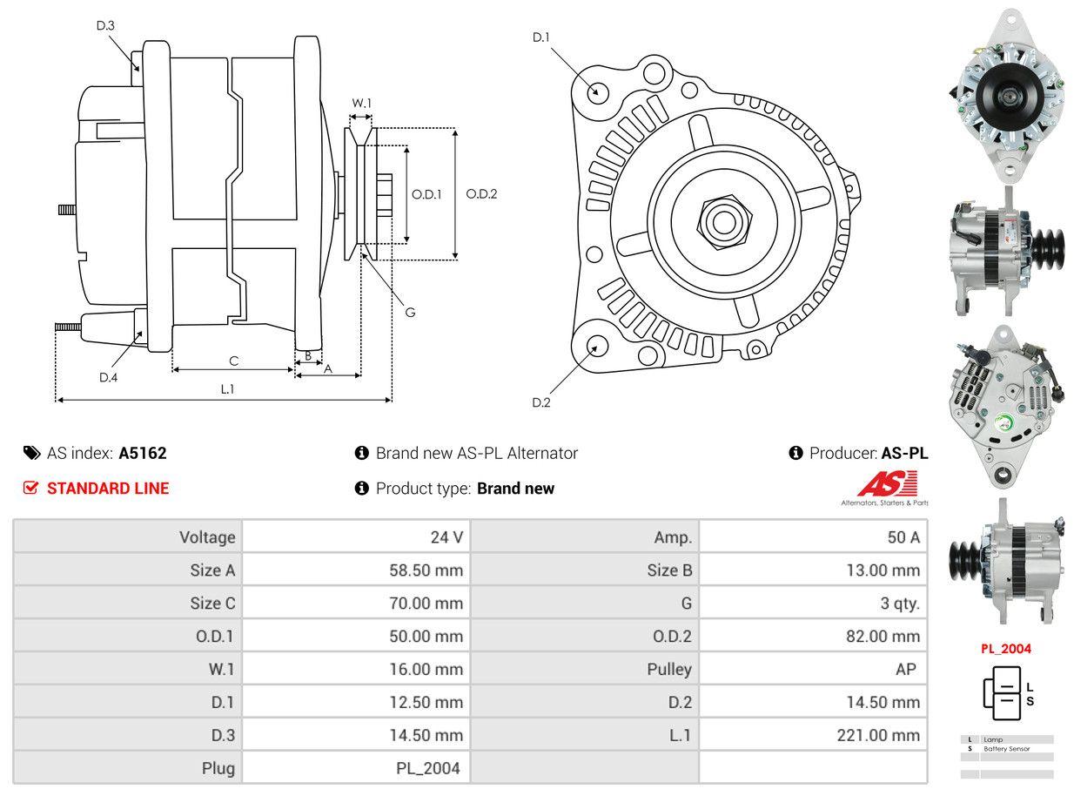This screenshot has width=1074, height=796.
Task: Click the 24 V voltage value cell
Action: [446, 537]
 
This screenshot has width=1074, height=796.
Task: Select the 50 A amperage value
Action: [903, 537]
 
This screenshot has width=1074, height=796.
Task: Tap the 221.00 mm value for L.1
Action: [877, 735]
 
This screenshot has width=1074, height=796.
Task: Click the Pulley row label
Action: [669, 669]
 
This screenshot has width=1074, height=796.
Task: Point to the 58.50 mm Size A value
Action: [426, 570]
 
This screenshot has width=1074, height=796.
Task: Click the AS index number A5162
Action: [143, 453]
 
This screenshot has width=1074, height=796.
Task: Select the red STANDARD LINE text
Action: [108, 489]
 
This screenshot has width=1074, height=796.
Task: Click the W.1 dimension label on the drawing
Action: [361, 103]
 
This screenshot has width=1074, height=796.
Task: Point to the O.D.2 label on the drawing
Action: [481, 194]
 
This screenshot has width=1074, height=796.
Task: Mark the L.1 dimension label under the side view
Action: [226, 389]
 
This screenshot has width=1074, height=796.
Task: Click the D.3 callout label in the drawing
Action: [105, 25]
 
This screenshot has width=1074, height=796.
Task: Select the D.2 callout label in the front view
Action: [541, 402]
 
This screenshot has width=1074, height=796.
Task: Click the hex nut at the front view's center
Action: [721, 220]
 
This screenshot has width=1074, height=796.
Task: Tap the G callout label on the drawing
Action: [410, 312]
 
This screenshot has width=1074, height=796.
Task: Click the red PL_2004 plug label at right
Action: [1005, 648]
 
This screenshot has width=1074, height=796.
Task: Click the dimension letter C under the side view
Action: [233, 361]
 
